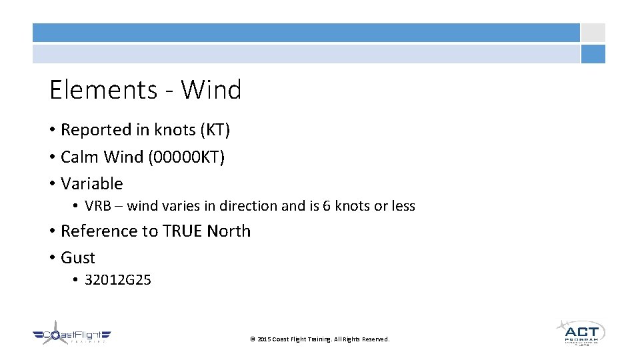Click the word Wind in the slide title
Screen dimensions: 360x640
pyautogui.click(x=211, y=89)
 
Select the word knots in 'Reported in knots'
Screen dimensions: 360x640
pyautogui.click(x=172, y=130)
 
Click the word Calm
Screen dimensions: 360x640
pyautogui.click(x=79, y=157)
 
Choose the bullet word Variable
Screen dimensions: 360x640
pyautogui.click(x=91, y=183)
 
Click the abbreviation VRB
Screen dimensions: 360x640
pyautogui.click(x=97, y=206)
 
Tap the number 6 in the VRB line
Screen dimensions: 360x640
pyautogui.click(x=327, y=206)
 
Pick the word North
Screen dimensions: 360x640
pyautogui.click(x=229, y=231)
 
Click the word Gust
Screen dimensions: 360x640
pyautogui.click(x=78, y=258)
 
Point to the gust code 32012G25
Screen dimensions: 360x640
pyautogui.click(x=118, y=280)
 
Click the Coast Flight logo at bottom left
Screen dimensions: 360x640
pyautogui.click(x=71, y=336)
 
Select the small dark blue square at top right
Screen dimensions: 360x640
pyautogui.click(x=593, y=54)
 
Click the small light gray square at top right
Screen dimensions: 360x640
pyautogui.click(x=593, y=33)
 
